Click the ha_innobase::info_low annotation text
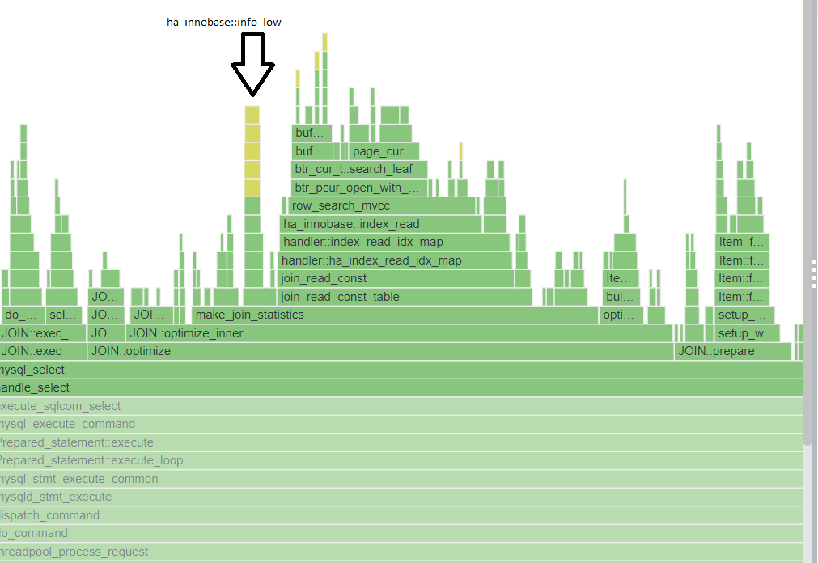click(x=223, y=23)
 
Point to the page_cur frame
click(x=384, y=151)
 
